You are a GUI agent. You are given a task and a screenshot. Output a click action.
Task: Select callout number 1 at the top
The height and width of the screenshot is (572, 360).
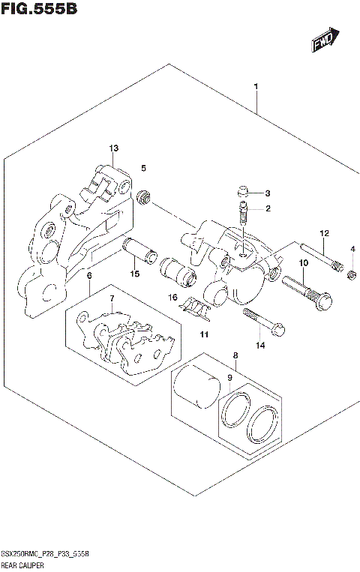[x=256, y=88]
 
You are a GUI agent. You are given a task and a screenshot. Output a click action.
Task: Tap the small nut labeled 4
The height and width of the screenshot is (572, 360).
[x=351, y=279]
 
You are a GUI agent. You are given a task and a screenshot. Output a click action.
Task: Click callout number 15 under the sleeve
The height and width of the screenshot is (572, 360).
[x=135, y=274]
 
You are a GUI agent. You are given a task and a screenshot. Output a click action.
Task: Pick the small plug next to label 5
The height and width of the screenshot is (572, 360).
[x=143, y=197]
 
